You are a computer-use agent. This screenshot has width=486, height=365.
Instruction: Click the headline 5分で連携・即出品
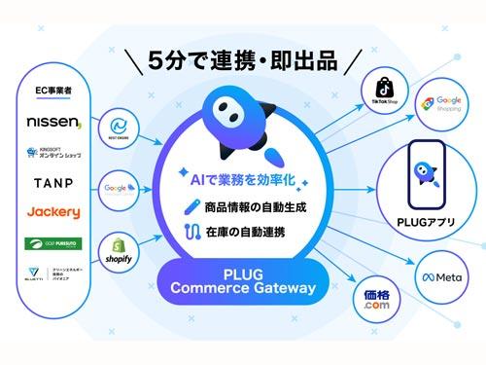click(x=243, y=61)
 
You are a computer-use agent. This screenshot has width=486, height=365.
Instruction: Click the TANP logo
click(x=53, y=183)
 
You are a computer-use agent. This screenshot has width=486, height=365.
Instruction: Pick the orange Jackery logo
click(x=53, y=212)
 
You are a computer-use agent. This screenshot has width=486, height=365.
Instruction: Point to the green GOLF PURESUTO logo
click(x=53, y=242)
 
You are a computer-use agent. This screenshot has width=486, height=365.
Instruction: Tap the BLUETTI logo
click(x=53, y=275)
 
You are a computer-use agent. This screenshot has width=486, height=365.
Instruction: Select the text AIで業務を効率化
click(x=243, y=179)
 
